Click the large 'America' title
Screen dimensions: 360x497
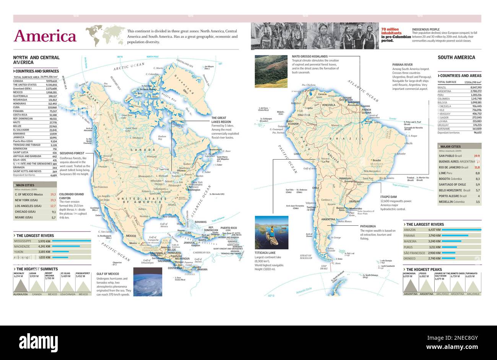45,36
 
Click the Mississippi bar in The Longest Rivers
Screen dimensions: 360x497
71,241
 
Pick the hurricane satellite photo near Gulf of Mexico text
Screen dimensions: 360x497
148,282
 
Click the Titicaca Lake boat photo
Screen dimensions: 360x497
271,232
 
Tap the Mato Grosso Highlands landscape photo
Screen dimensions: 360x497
271,71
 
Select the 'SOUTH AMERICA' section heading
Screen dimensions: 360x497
456,57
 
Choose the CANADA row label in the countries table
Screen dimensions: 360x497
18,81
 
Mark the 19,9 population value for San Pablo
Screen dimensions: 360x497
477,156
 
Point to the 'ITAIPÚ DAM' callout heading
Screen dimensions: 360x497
388,197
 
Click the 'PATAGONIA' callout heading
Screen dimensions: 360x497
368,226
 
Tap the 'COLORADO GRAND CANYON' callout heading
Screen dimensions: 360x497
71,196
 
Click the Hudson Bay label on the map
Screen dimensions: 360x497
162,137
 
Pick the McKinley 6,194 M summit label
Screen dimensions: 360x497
19,275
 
